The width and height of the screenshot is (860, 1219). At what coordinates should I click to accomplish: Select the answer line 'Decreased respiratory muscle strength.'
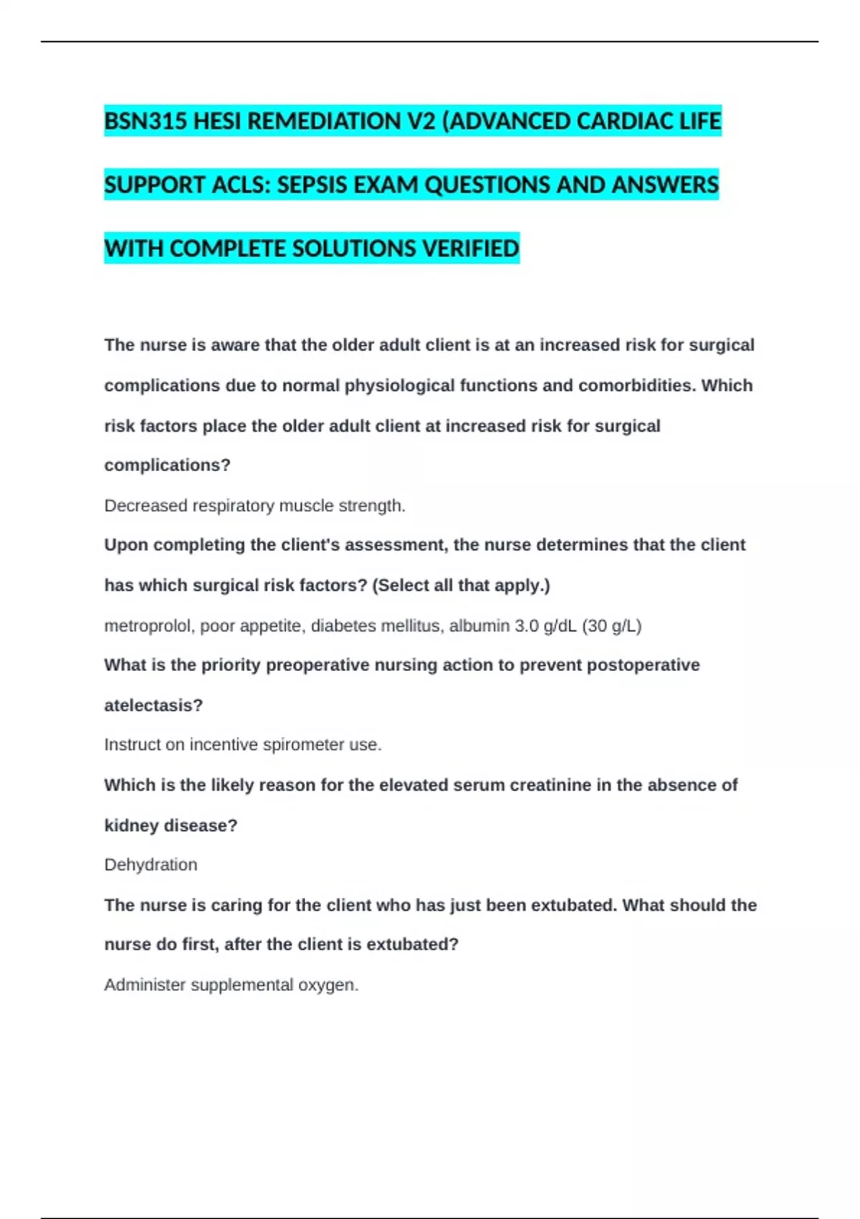(x=254, y=506)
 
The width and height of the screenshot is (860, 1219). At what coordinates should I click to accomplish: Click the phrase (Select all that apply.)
(x=461, y=585)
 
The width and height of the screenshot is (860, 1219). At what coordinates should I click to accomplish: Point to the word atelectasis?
(x=153, y=705)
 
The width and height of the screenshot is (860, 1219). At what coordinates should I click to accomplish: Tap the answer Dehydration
(x=150, y=864)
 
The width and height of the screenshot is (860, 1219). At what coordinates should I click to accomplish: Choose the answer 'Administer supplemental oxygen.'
(x=231, y=985)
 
